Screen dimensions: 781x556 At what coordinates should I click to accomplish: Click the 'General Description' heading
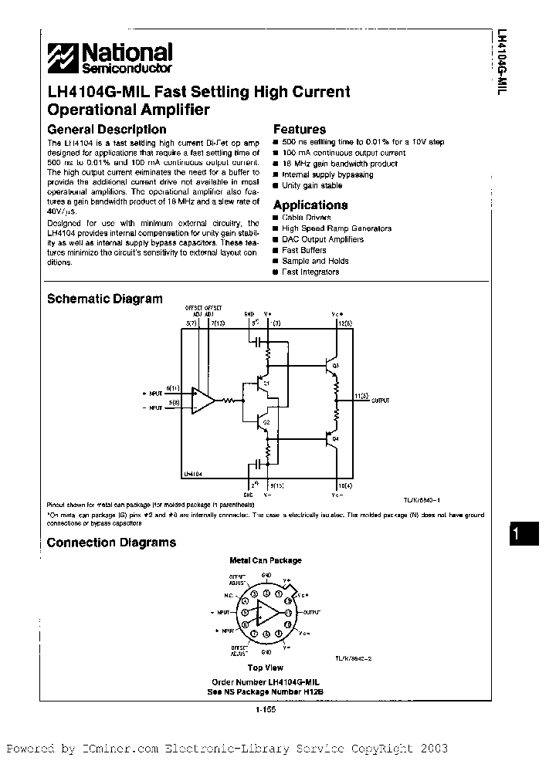107,130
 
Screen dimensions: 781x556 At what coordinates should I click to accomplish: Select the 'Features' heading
300,130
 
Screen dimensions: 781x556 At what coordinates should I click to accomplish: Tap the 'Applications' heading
310,205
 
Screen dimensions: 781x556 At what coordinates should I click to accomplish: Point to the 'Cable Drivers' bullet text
305,218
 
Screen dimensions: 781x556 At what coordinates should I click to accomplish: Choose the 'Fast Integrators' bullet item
310,272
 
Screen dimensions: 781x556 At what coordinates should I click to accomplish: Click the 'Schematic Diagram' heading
105,299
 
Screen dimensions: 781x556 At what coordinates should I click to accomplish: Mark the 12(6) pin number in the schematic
344,323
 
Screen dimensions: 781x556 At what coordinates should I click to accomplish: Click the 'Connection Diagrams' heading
111,543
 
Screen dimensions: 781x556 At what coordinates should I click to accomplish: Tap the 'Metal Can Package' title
266,560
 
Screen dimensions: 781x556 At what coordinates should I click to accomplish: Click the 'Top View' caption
265,668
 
